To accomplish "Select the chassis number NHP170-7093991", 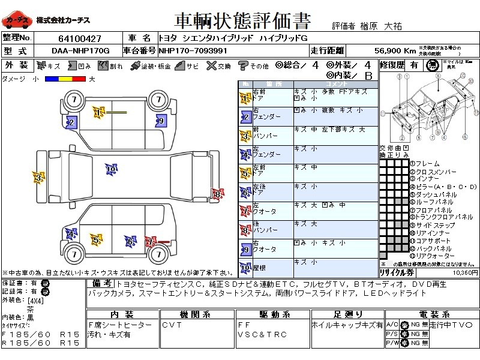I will pos(193,50).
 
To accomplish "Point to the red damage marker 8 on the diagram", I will pos(217,193).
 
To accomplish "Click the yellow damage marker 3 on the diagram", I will pos(38,178).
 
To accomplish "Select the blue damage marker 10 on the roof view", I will pos(110,170).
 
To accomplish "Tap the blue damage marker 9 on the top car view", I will pos(160,121).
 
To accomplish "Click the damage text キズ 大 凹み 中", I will pos(320,205).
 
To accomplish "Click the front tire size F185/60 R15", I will pos(41,334).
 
